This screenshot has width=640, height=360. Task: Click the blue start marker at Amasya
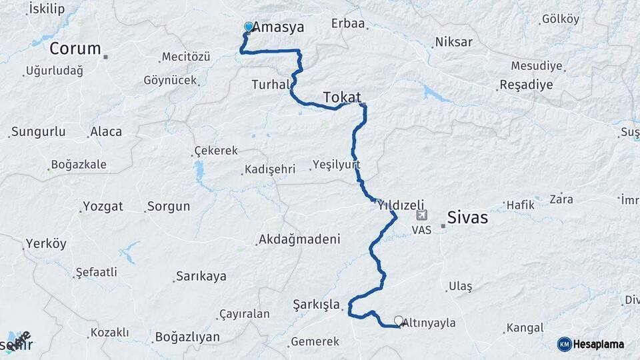(249, 27)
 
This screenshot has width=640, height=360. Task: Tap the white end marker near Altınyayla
(399, 321)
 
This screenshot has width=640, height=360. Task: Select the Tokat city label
(342, 97)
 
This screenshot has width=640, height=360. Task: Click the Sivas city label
(467, 217)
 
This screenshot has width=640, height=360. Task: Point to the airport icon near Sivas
(421, 215)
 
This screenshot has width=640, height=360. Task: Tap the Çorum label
(75, 48)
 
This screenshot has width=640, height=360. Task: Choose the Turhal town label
(270, 85)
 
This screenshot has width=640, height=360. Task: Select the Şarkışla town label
(316, 305)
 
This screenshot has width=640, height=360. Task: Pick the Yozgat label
(103, 206)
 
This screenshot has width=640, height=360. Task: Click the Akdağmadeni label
(299, 239)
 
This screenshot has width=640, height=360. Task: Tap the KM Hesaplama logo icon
(565, 344)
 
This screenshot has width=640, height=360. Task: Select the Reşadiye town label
(527, 85)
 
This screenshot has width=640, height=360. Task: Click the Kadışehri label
(269, 169)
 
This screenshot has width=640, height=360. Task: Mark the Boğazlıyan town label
(187, 337)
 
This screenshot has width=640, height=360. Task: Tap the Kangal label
(525, 327)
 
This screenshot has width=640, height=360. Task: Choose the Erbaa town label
(348, 23)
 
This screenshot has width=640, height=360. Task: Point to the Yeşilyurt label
(336, 164)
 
